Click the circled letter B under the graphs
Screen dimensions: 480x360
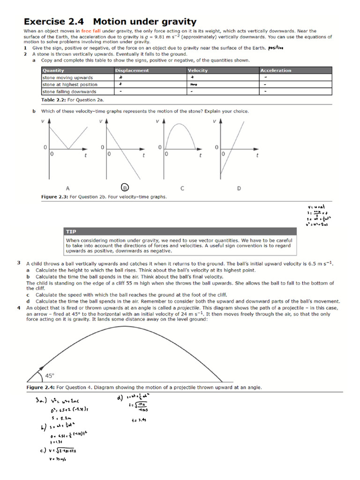125,187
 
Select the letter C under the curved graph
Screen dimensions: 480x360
182,188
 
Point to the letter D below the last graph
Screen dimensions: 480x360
239,188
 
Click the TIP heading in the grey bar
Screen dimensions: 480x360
72,232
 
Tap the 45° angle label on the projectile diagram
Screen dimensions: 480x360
50,375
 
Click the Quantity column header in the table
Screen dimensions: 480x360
53,70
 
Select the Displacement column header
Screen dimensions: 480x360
132,70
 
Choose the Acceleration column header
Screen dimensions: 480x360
276,70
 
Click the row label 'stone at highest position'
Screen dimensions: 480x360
70,85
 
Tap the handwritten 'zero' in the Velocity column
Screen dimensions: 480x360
194,85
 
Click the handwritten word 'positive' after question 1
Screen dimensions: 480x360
276,48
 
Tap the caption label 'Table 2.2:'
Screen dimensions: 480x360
55,100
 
